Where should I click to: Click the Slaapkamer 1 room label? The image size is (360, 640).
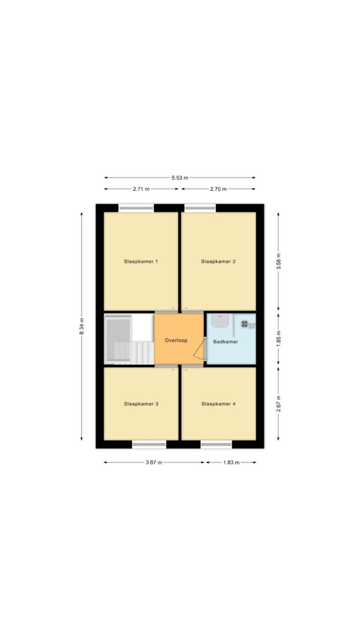pos(141,262)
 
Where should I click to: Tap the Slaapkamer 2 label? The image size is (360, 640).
pos(218,262)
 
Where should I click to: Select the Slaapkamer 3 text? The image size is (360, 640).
pos(141,404)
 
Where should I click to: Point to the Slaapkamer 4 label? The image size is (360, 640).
pos(218,404)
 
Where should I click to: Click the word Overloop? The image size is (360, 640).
pos(176,340)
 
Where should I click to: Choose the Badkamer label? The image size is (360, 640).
pos(226,342)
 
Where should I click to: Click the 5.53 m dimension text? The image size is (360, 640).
pos(180,178)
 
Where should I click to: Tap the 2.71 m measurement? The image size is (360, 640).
pos(141,189)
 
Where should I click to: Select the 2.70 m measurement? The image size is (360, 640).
pos(218,189)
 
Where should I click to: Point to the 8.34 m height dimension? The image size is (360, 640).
pos(82,326)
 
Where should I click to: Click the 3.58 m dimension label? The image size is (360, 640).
pos(278,262)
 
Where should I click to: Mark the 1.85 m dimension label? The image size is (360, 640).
pos(278,338)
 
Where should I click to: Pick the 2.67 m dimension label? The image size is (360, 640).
pos(278,404)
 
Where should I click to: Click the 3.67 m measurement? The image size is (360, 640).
pos(154,462)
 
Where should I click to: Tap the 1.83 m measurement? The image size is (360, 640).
pos(231,462)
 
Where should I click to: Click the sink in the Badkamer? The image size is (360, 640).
pos(220,320)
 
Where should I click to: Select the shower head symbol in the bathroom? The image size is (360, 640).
pos(245,324)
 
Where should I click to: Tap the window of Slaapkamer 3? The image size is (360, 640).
pos(149,444)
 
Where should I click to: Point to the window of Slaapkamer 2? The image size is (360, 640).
pos(200,208)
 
